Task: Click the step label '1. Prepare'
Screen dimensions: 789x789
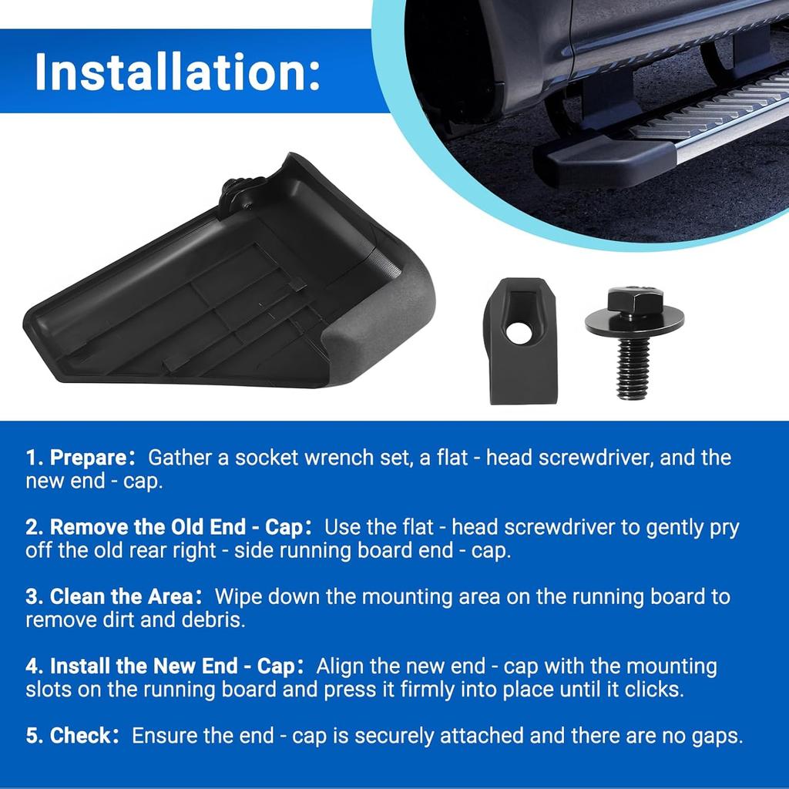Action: tap(76, 458)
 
